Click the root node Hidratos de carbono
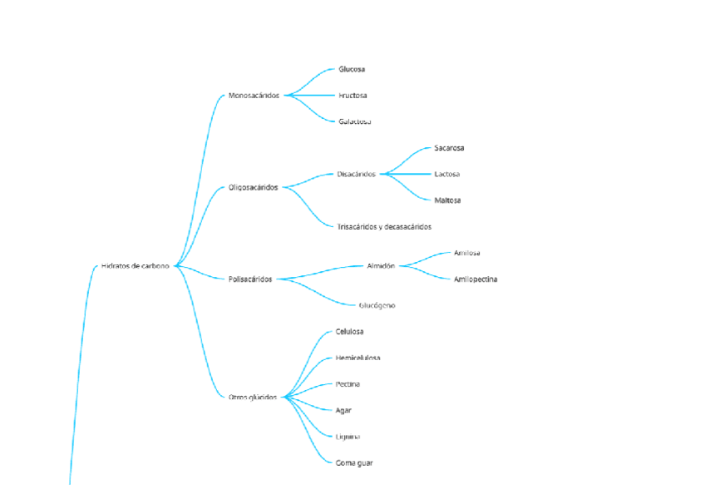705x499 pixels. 135,266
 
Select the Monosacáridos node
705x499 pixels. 254,96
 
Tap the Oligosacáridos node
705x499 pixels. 254,187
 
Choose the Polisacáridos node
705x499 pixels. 250,279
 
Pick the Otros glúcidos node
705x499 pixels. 253,397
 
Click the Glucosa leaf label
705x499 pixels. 352,69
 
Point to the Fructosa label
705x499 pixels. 352,96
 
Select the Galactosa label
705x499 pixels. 354,121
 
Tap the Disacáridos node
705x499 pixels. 356,174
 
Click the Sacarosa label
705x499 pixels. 449,148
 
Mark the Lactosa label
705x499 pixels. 446,174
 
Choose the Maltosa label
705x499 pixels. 447,200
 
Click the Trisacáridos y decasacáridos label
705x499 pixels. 384,226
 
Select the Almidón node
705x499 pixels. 381,266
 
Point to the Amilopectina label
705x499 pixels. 476,279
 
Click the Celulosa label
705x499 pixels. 349,332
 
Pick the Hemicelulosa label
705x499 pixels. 357,358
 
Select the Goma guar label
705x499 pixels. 354,462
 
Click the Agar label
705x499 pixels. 343,410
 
